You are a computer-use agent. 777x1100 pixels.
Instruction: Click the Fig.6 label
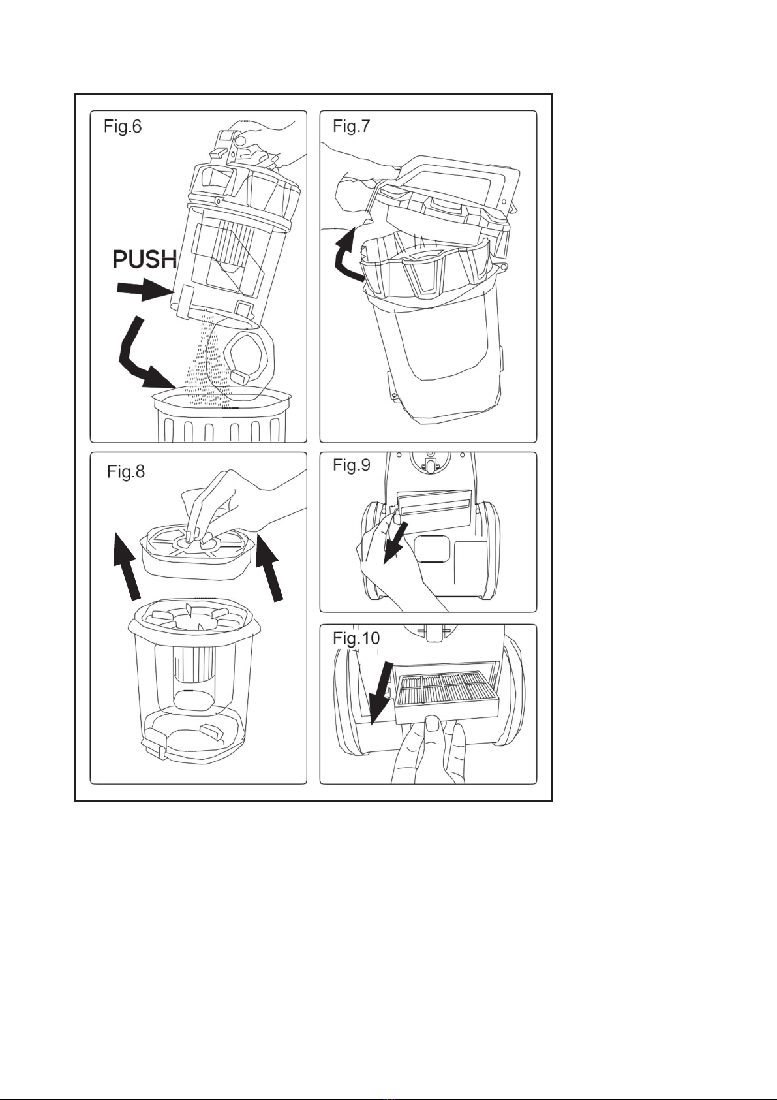pos(123,126)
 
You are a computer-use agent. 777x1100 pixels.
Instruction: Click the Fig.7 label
pos(352,126)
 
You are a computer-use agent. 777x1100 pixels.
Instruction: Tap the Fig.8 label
pos(126,471)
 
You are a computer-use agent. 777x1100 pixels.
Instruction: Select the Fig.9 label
pos(352,465)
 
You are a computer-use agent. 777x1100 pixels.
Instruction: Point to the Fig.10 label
pos(356,638)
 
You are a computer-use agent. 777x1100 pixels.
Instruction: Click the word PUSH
pos(145,260)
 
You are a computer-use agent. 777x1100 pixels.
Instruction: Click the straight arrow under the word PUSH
pos(141,291)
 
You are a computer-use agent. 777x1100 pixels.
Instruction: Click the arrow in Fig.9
pos(395,541)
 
